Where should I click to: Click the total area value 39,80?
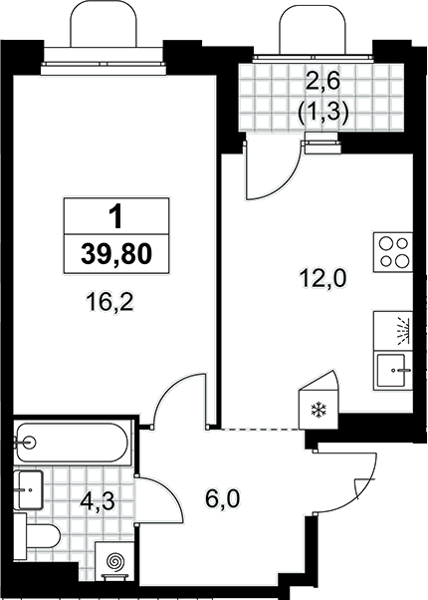[116, 254]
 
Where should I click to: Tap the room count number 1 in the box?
[115, 216]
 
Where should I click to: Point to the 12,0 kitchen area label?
[322, 278]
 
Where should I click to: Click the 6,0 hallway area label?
[222, 498]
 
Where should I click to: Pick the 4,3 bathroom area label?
[98, 501]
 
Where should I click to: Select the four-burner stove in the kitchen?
[393, 252]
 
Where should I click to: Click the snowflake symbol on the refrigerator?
[317, 410]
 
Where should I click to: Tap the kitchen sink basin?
[391, 370]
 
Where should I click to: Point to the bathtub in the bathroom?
[72, 443]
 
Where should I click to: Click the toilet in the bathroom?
[37, 536]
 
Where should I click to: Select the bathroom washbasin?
[28, 489]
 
